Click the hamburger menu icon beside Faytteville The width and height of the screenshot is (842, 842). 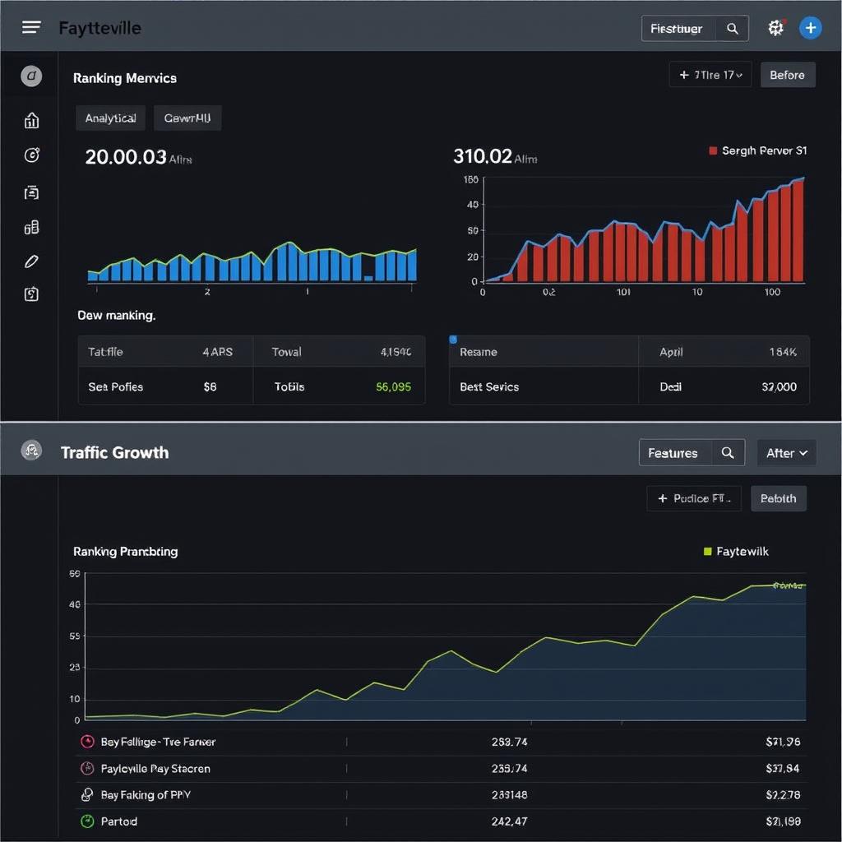coord(31,27)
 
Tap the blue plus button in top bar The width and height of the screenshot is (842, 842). coord(810,27)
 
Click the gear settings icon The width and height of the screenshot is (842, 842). coord(775,28)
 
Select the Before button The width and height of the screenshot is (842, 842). coord(787,75)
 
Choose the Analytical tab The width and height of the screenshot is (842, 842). coord(110,118)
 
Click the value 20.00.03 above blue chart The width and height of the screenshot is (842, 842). coord(126,157)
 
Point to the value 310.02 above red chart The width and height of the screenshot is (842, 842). coord(483,156)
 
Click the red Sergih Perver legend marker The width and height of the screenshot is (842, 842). coord(713,150)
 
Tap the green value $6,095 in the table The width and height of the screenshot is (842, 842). coord(393,386)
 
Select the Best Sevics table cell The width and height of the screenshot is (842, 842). coord(489,386)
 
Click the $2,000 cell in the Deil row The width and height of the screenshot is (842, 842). coord(779,386)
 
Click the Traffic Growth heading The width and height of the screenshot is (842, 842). coord(114,452)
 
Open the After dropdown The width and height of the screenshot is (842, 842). coord(786,453)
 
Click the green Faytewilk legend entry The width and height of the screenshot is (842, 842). coord(737,551)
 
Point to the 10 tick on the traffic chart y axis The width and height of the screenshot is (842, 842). coord(75,699)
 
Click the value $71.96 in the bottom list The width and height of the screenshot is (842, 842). coord(782,742)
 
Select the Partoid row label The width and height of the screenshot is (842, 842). coord(119,821)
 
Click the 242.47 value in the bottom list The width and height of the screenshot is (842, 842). coord(509,821)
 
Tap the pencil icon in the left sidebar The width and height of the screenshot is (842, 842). coord(31,261)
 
